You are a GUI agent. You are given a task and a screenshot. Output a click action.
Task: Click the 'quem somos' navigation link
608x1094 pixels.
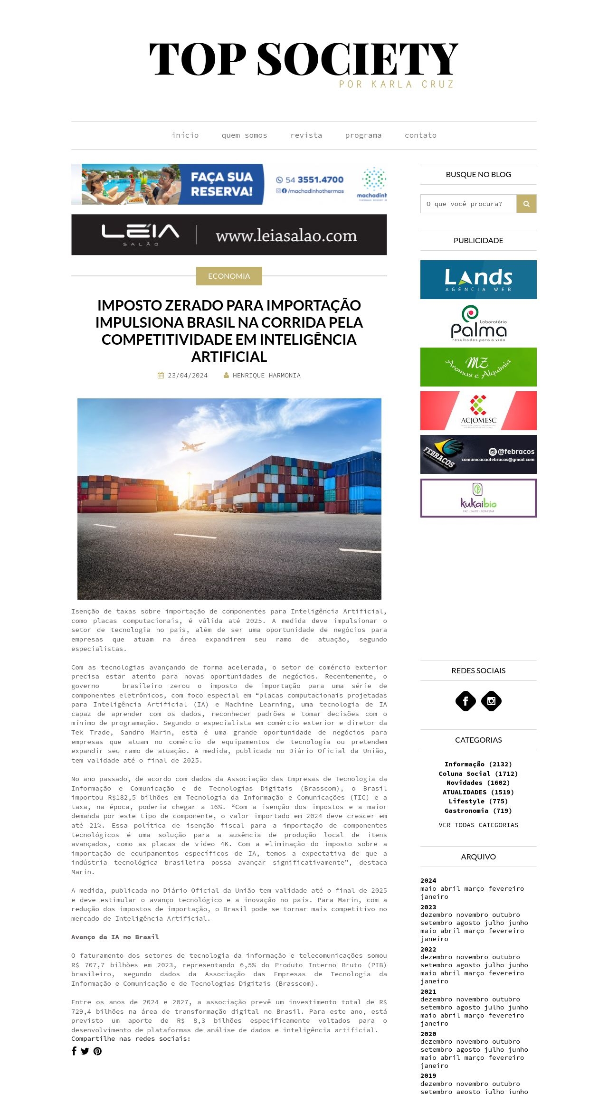tap(244, 135)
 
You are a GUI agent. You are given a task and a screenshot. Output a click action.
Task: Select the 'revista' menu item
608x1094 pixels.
tap(306, 135)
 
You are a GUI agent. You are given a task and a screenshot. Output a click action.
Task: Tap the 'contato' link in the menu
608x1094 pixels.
tap(420, 135)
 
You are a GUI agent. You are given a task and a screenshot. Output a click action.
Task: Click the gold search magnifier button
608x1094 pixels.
tap(526, 204)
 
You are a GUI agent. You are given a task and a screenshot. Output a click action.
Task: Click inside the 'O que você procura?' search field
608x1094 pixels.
tap(468, 204)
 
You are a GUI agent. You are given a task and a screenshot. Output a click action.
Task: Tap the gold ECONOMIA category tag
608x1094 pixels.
tap(229, 276)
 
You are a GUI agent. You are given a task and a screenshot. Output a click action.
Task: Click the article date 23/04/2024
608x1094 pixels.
tap(187, 375)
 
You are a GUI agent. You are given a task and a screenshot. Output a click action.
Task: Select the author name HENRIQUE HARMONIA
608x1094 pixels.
tap(266, 375)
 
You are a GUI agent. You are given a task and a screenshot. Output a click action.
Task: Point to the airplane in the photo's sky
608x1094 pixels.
tap(192, 446)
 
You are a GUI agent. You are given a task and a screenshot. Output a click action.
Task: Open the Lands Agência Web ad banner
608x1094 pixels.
tap(478, 280)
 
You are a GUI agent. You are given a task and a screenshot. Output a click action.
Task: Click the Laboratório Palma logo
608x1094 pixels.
tap(478, 323)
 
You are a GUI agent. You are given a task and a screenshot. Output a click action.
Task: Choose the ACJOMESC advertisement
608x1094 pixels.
tap(478, 411)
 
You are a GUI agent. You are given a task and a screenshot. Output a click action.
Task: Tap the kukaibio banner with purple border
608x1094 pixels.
tap(478, 498)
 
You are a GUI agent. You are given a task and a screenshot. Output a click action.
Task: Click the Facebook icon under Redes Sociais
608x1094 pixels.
tap(465, 701)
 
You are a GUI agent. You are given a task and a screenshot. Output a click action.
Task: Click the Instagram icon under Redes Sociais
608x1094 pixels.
tap(491, 701)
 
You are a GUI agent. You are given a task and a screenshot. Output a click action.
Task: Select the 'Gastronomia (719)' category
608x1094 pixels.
tap(478, 811)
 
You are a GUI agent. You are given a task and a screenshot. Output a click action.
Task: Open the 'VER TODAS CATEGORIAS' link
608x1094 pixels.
tap(478, 825)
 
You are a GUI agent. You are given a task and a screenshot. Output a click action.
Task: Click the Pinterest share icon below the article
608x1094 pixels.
tap(97, 1051)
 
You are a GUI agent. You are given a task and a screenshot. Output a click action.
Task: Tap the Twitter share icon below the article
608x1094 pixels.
tap(85, 1051)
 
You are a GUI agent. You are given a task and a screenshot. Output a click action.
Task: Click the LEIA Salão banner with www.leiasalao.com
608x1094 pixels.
tap(229, 235)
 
